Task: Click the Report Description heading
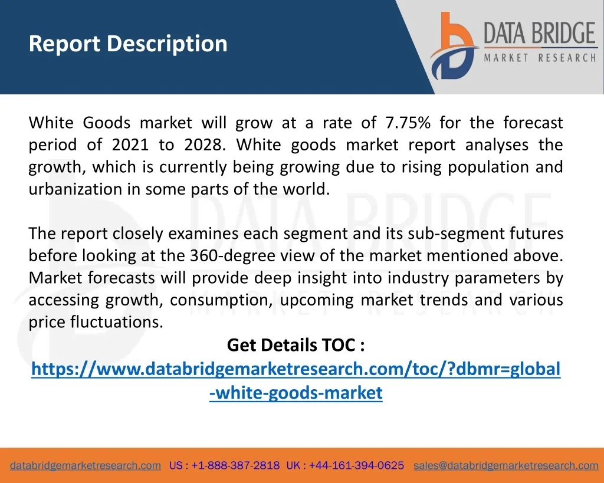coord(128,44)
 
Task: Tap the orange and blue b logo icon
coord(454,46)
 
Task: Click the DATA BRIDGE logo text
coord(540,33)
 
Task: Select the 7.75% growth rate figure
coord(408,123)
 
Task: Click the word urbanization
coord(75,189)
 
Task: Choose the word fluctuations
coord(117,322)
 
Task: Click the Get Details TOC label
coord(296,345)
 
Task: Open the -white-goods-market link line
coord(296,393)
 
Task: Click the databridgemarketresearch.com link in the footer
coord(85,465)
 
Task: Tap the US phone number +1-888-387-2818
coord(235,465)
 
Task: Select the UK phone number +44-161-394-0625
coord(356,465)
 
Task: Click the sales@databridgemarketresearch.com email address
coord(505,465)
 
